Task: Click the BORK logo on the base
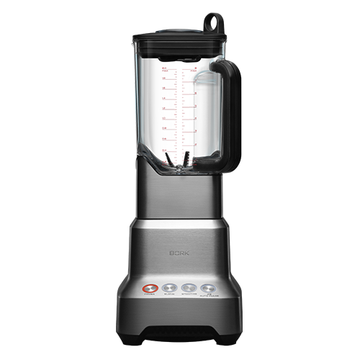pos(179,254)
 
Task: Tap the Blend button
pos(170,285)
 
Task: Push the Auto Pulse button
pos(210,285)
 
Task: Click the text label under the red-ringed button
pos(149,294)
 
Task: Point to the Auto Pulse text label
pos(210,294)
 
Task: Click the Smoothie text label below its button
pos(190,294)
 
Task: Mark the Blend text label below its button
pos(170,294)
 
